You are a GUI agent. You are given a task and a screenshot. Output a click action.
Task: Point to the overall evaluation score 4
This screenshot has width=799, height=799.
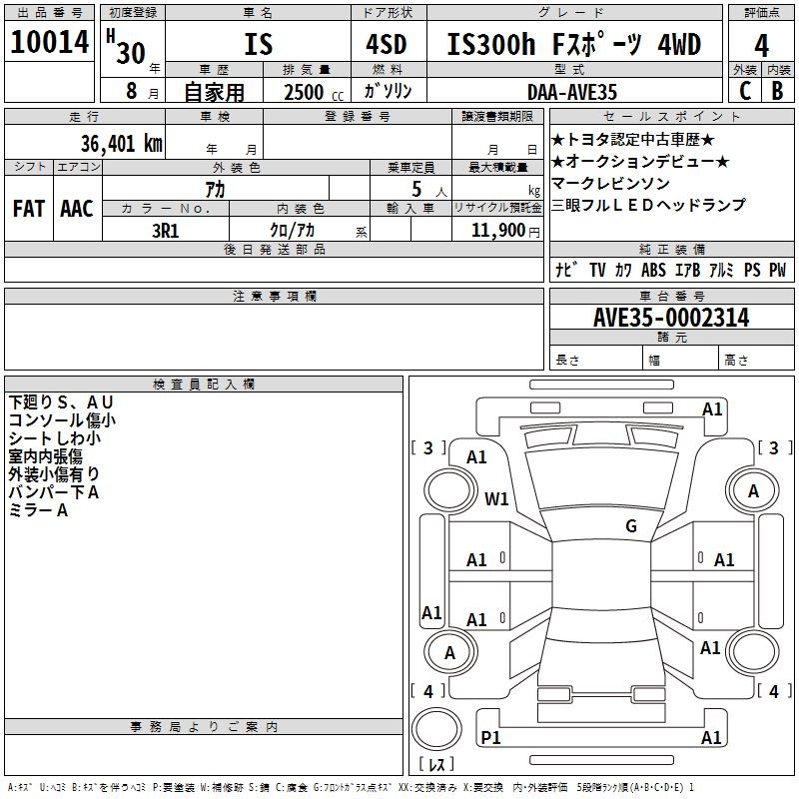762,45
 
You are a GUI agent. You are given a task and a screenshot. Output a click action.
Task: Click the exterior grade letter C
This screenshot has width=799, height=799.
745,90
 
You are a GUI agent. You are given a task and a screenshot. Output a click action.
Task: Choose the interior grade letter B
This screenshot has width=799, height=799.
777,90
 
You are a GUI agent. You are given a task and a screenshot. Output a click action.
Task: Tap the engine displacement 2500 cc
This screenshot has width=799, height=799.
310,92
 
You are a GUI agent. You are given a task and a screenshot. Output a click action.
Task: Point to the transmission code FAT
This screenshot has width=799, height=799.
29,209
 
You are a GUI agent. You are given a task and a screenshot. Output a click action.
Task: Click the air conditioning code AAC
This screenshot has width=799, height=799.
77,209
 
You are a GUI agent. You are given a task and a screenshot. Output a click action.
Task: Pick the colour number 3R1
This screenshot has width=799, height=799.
165,230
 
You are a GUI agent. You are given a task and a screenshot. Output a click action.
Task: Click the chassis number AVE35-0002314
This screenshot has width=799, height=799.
670,319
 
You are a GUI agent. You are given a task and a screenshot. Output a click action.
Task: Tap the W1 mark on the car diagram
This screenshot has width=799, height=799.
496,497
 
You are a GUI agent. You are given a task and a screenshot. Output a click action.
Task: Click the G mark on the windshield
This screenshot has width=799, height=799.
631,526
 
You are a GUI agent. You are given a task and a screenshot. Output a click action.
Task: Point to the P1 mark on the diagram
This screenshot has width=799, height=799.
490,737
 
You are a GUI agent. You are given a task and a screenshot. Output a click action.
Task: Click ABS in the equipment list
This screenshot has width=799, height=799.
653,271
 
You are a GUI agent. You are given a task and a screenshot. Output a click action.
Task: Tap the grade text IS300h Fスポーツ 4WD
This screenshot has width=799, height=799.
573,45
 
